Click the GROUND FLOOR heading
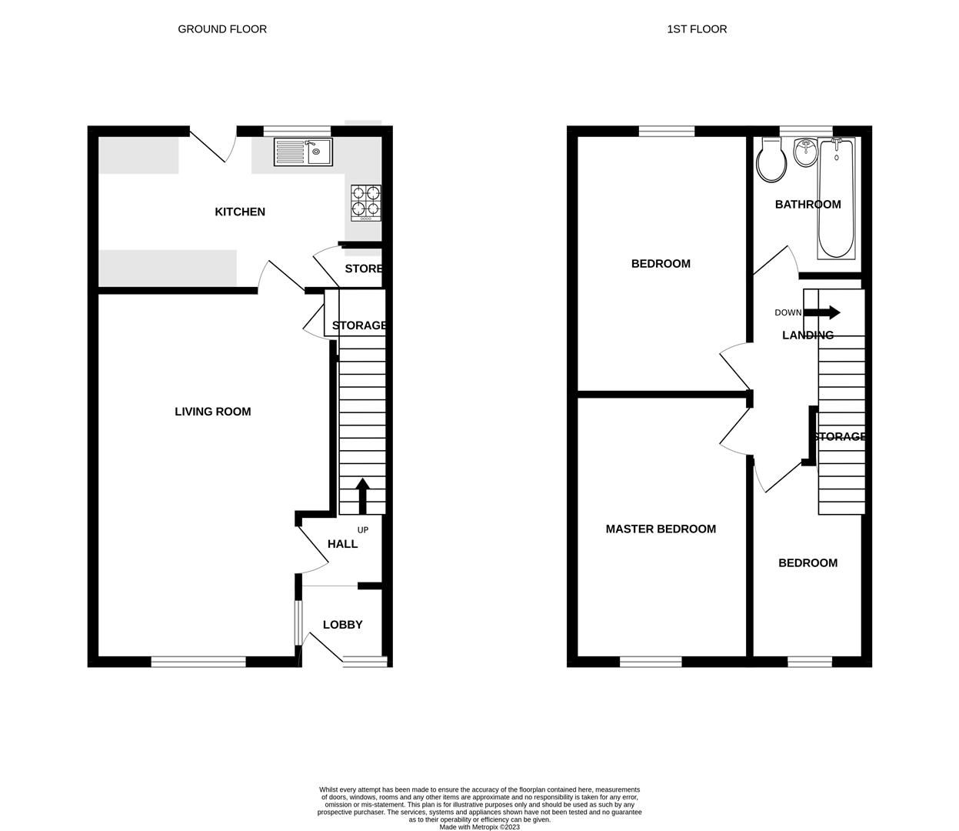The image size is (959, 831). coord(222,29)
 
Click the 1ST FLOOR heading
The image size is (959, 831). coord(697,29)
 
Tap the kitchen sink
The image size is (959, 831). coord(302,152)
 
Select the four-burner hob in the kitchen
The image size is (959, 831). coord(366,202)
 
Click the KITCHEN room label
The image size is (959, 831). coord(240,212)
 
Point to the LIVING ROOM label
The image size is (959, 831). coord(213,412)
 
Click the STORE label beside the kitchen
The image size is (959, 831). coord(364,269)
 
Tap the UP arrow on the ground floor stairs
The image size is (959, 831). coord(361,495)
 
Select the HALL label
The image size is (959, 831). coord(342,544)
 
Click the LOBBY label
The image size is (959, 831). coord(342,625)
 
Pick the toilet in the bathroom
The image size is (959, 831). coord(771,162)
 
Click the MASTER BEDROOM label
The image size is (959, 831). coord(661,529)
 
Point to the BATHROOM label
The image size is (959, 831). coord(807,205)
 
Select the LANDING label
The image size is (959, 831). coord(807,335)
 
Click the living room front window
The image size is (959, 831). coord(198,661)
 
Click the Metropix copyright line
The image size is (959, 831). coord(479,827)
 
